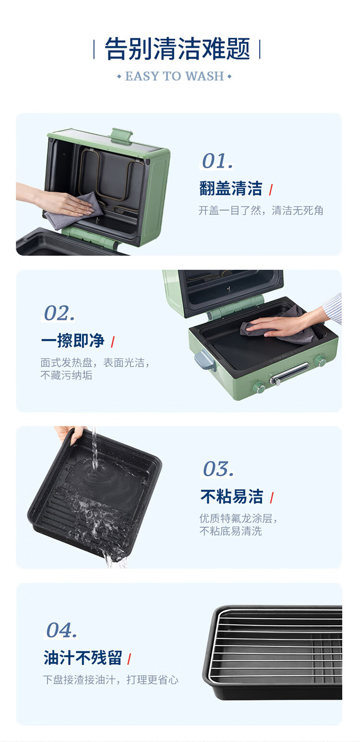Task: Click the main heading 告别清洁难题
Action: click(x=177, y=48)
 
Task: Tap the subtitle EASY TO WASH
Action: click(x=175, y=76)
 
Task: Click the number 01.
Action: click(x=217, y=161)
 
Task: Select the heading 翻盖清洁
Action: click(x=231, y=188)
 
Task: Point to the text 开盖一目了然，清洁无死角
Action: click(x=261, y=210)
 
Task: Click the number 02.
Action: click(x=60, y=313)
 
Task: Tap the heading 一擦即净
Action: click(x=73, y=341)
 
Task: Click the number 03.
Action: click(x=218, y=469)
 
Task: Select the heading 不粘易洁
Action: click(x=232, y=497)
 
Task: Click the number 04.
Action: click(x=61, y=630)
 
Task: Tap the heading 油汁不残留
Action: click(x=83, y=658)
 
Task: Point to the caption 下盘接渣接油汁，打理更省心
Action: click(x=110, y=680)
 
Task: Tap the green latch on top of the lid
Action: click(x=121, y=136)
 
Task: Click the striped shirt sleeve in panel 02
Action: click(x=333, y=308)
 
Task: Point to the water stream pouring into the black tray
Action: click(x=95, y=449)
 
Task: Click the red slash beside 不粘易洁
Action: click(x=272, y=498)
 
